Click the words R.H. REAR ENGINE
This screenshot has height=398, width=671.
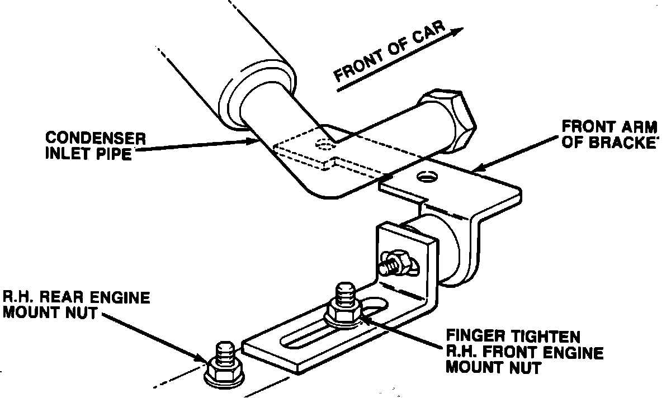[77, 297]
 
